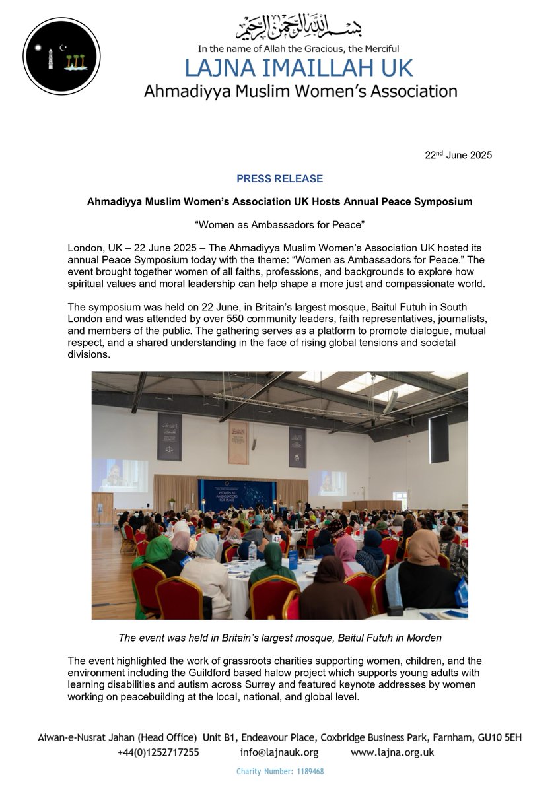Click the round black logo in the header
click(x=61, y=56)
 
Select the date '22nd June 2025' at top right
click(x=458, y=156)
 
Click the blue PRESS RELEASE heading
click(x=280, y=179)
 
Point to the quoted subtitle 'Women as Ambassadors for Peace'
click(x=280, y=224)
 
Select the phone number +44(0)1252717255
click(x=158, y=752)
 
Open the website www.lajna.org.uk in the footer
click(x=392, y=752)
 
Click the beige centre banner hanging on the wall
click(x=238, y=442)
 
